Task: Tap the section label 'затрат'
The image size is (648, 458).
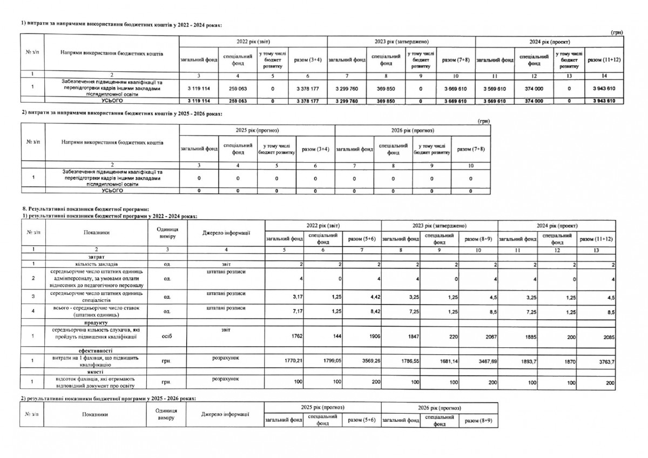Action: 97,256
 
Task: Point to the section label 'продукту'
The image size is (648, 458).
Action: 97,322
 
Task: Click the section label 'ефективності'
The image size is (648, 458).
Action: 97,351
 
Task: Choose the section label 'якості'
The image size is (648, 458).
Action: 97,372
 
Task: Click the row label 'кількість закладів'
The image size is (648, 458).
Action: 97,264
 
